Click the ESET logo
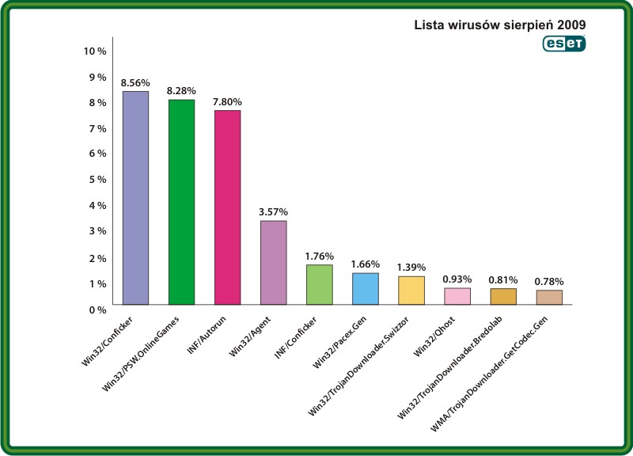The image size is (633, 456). [563, 44]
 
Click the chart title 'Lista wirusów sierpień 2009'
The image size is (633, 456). [500, 25]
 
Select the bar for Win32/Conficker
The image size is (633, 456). [135, 198]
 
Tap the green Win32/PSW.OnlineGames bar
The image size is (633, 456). [180, 202]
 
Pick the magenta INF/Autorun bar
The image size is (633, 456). [226, 207]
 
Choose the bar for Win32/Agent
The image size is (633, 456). [273, 262]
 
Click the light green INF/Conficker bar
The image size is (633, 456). [319, 284]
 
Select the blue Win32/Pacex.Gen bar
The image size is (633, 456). [365, 288]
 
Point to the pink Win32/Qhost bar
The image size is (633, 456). [457, 296]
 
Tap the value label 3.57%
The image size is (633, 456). [273, 212]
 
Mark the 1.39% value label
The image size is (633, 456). [411, 268]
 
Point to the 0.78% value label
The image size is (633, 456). [549, 281]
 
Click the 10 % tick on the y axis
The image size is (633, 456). [95, 51]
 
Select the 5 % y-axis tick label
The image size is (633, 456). [95, 179]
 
